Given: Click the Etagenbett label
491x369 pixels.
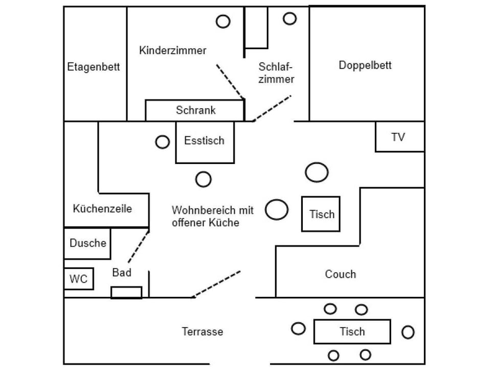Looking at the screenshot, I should click(x=94, y=67).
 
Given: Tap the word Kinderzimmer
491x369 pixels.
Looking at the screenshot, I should click(x=172, y=50).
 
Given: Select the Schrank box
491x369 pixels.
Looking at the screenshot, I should click(x=195, y=110).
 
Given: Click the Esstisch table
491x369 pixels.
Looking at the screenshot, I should click(x=205, y=142).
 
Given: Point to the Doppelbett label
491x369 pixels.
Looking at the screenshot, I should click(x=365, y=65).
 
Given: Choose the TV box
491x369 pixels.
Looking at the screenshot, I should click(x=399, y=137).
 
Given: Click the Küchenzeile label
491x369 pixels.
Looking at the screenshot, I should click(x=102, y=209).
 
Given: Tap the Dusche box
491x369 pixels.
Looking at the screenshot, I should click(x=87, y=243).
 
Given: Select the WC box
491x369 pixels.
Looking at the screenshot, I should click(x=79, y=279).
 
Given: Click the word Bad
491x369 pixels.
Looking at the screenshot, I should click(x=122, y=273).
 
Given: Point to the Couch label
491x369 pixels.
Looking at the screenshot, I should click(x=340, y=274).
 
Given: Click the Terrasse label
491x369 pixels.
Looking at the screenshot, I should click(x=203, y=332).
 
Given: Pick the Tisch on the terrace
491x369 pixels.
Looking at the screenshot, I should click(x=352, y=332).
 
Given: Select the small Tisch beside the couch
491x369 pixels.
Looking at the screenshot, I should click(x=321, y=214).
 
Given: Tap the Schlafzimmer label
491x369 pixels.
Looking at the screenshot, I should click(x=276, y=73).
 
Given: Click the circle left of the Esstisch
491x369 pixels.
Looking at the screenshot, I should click(x=163, y=142).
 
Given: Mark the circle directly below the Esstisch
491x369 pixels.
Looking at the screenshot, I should click(x=204, y=179).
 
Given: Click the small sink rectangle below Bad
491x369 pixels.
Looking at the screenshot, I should click(x=126, y=293).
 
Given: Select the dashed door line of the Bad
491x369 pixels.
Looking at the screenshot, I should click(x=138, y=247).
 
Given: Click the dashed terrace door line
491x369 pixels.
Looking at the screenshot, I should click(x=217, y=284).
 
